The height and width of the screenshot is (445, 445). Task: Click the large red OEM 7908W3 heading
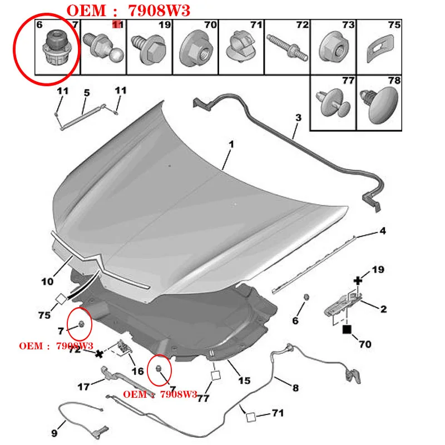click(128, 11)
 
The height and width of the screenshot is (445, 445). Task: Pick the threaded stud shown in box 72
click(287, 47)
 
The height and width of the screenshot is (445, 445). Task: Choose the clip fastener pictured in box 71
click(241, 46)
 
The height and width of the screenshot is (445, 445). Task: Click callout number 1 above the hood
click(231, 144)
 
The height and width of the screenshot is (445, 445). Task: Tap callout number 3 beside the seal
click(298, 117)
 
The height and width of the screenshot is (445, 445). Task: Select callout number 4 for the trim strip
click(383, 231)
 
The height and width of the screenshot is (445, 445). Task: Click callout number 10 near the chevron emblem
click(47, 281)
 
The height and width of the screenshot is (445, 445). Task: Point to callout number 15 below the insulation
click(244, 380)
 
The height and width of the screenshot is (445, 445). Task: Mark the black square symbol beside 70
click(347, 329)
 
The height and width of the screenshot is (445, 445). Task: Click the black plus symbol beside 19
click(358, 281)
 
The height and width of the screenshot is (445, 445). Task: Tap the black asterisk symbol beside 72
click(99, 354)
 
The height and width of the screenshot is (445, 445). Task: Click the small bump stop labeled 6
click(306, 297)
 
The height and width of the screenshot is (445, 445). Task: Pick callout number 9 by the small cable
click(54, 433)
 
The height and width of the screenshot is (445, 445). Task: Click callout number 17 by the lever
click(83, 387)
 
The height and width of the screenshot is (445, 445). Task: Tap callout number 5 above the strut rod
click(87, 93)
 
